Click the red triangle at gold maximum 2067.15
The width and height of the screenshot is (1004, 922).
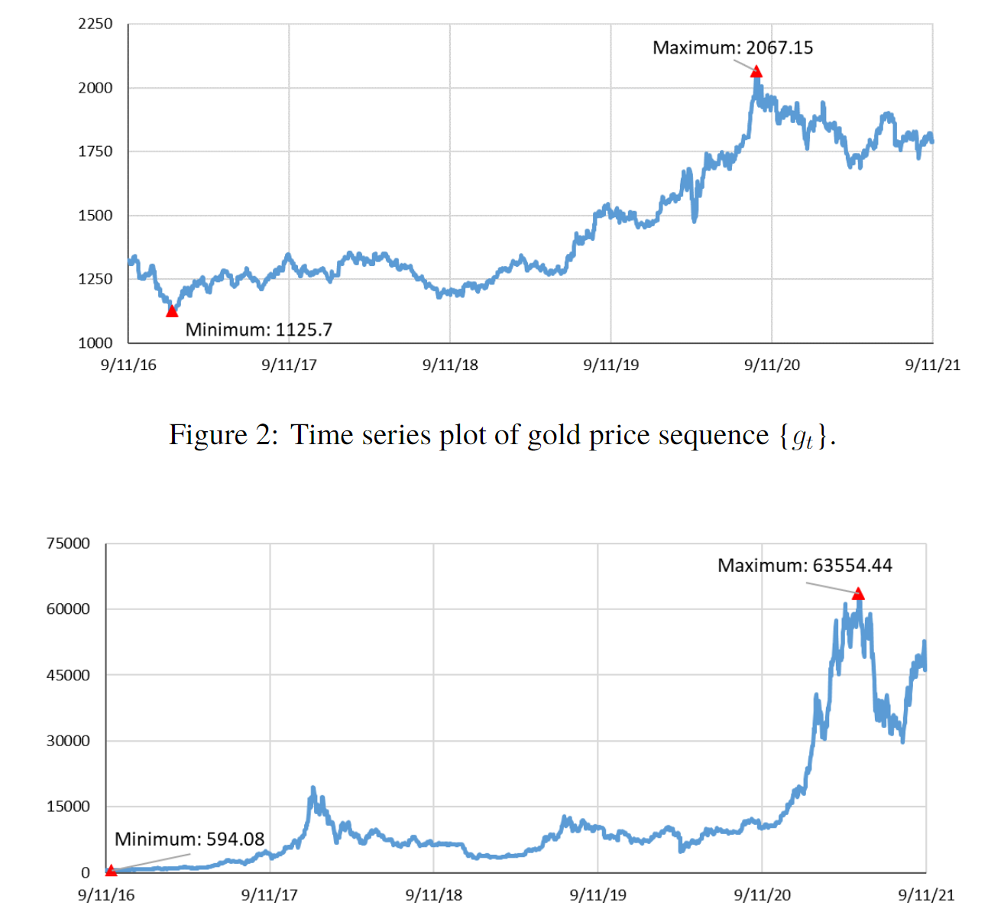pos(756,71)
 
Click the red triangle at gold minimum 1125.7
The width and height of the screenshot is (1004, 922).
pos(172,310)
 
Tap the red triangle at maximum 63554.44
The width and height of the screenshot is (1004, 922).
pos(858,593)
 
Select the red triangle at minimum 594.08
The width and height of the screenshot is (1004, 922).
pos(111,870)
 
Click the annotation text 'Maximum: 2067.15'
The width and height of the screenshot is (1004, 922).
pos(732,47)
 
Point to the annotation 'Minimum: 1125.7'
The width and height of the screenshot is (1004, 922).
pos(258,330)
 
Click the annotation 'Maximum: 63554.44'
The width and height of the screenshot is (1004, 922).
pos(805,566)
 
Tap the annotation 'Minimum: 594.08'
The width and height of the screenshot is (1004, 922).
pos(189,839)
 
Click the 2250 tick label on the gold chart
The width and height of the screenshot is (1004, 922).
pos(96,24)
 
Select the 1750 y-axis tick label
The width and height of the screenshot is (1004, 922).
pos(96,151)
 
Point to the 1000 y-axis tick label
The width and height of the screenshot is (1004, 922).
pos(96,343)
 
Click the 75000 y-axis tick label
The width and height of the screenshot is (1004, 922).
pos(68,544)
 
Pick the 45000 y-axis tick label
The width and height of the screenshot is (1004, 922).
pos(68,675)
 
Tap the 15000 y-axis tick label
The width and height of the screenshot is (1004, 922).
pos(68,807)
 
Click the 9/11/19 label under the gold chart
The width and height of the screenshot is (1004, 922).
pos(611,365)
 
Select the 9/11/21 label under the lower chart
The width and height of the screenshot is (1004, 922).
pos(926,894)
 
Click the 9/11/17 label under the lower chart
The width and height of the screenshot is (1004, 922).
pos(269,894)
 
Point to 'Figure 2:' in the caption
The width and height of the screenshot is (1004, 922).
pos(224,435)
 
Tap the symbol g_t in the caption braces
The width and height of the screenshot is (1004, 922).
pos(803,437)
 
